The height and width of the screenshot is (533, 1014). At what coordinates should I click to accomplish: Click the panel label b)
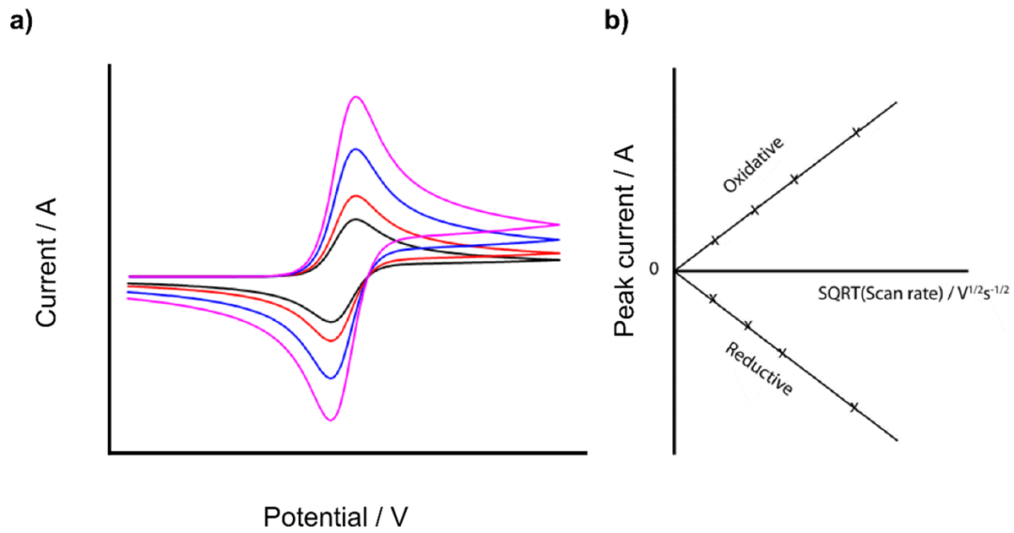pos(616,23)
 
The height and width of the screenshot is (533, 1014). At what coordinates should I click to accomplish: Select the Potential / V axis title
pos(336,516)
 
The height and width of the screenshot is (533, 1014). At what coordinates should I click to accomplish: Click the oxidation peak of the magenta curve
pos(355,97)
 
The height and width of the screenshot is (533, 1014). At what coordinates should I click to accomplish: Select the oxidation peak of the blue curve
pos(355,149)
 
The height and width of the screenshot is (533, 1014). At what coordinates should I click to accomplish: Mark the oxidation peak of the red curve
pos(355,195)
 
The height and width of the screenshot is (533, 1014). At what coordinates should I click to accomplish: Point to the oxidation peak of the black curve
pos(355,220)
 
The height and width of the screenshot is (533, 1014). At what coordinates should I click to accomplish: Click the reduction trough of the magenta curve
pos(330,419)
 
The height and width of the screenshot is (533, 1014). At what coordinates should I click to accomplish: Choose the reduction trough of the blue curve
pos(330,378)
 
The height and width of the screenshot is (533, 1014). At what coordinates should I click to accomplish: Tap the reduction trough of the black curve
pos(330,321)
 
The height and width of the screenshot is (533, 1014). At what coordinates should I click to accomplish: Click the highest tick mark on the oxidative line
pos(856,132)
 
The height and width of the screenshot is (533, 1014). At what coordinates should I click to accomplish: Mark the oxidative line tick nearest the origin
pos(714,240)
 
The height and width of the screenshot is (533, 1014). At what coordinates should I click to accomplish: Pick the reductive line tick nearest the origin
pos(713,298)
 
